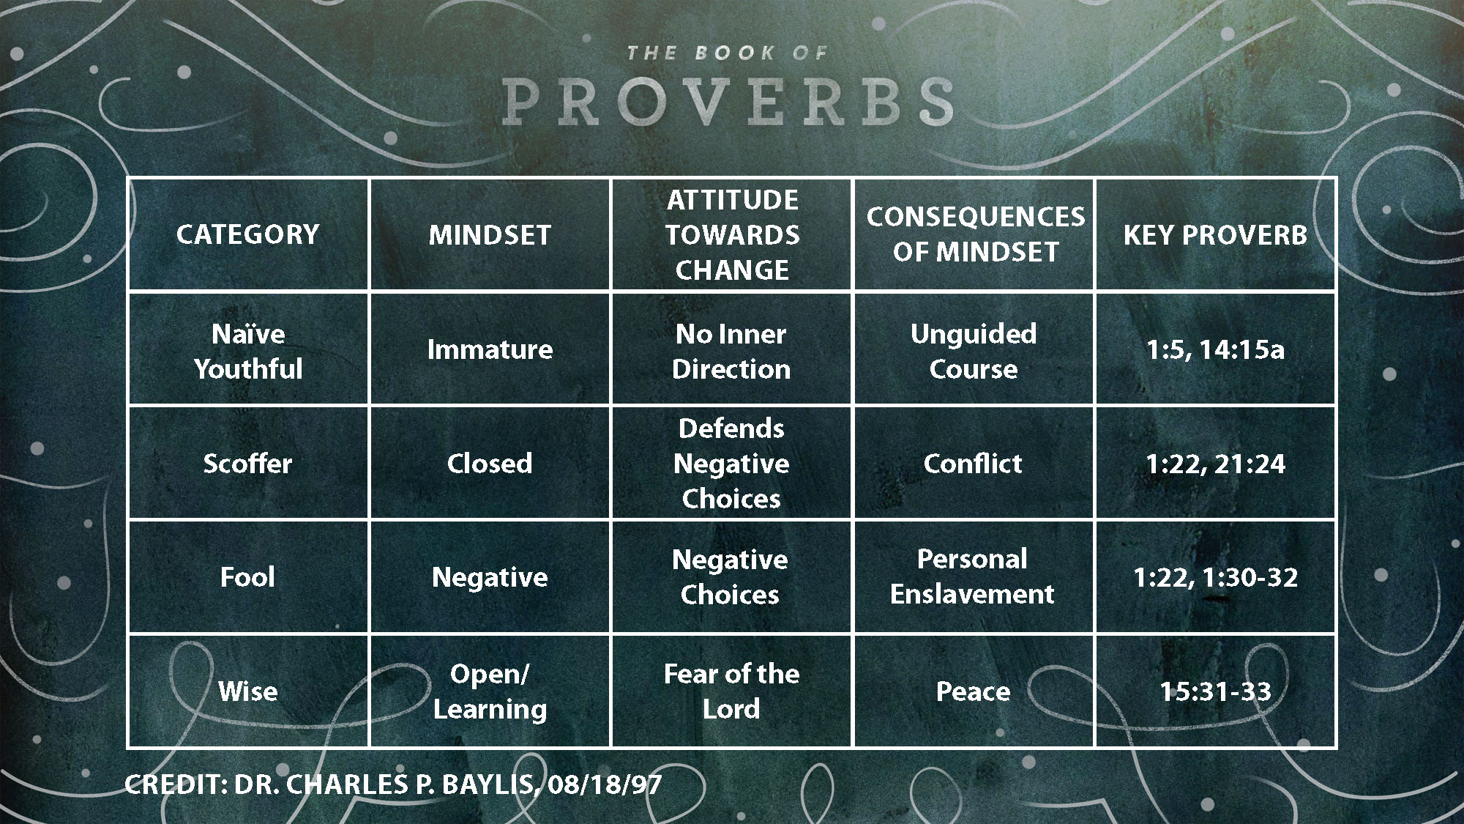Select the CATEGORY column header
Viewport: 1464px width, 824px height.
pos(248,234)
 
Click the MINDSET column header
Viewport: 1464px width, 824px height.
pos(490,235)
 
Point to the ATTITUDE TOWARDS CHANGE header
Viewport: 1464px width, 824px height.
pos(732,235)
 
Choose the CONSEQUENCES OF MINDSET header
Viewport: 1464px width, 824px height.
pos(975,234)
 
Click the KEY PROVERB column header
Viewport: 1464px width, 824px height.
pos(1215,235)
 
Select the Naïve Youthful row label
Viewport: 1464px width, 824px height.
pos(248,351)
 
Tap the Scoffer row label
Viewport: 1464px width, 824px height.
pos(247,464)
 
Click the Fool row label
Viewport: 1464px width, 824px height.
pos(247,577)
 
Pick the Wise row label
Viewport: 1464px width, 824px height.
pos(248,691)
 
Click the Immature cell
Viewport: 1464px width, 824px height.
pos(490,349)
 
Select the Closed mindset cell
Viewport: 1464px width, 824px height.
pos(490,464)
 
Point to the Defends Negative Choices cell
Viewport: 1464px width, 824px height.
pos(731,464)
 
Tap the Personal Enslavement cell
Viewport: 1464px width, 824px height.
pos(972,576)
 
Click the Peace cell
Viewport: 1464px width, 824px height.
pos(973,691)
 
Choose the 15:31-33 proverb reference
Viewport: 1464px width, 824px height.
pos(1215,691)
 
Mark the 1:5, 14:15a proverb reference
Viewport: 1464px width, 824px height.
pos(1215,349)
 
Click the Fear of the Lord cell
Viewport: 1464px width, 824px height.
pos(731,691)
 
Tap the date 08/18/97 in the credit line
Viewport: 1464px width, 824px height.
pos(604,784)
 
